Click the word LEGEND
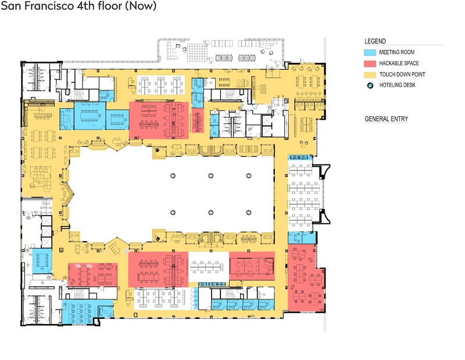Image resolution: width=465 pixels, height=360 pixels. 375,41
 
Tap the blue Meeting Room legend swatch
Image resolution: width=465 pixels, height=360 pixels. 370,52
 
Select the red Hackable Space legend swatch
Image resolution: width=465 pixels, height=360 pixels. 370,63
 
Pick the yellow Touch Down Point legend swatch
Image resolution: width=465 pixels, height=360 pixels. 370,74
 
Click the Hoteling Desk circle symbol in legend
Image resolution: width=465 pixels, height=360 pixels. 370,85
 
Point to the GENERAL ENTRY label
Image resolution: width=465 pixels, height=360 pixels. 386,119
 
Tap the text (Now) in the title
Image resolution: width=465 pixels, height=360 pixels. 141,6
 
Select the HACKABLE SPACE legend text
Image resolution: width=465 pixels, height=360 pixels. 399,63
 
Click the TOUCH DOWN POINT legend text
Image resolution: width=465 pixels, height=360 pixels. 402,74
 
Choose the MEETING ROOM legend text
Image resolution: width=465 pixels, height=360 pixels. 397,52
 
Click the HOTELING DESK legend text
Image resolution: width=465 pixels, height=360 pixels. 397,85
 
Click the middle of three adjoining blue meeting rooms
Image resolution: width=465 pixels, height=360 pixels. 90,116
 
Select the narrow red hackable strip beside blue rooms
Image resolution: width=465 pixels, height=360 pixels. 198,121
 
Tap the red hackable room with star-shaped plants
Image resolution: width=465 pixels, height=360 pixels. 93,275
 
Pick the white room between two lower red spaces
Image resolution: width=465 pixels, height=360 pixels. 209,267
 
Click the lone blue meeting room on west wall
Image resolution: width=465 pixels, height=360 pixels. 42,261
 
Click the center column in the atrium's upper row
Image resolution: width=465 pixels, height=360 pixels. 210,176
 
